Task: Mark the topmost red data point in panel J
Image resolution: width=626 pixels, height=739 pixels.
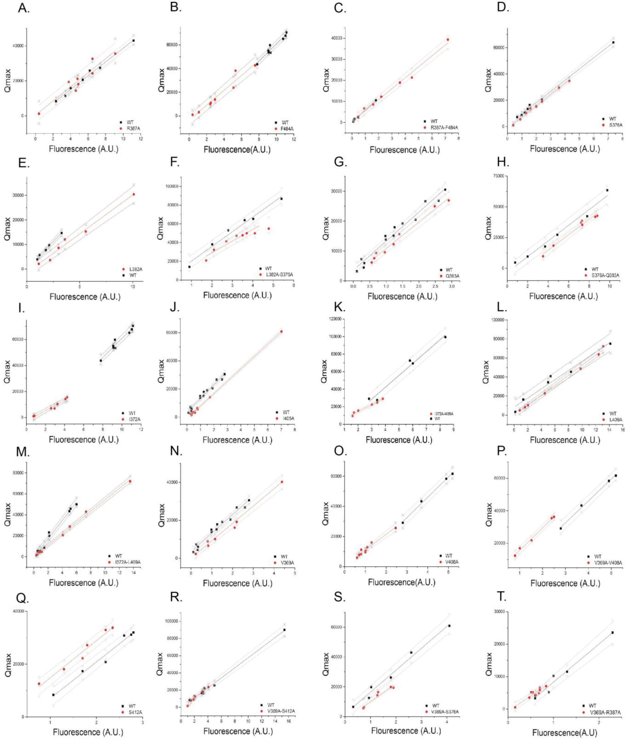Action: (281, 331)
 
